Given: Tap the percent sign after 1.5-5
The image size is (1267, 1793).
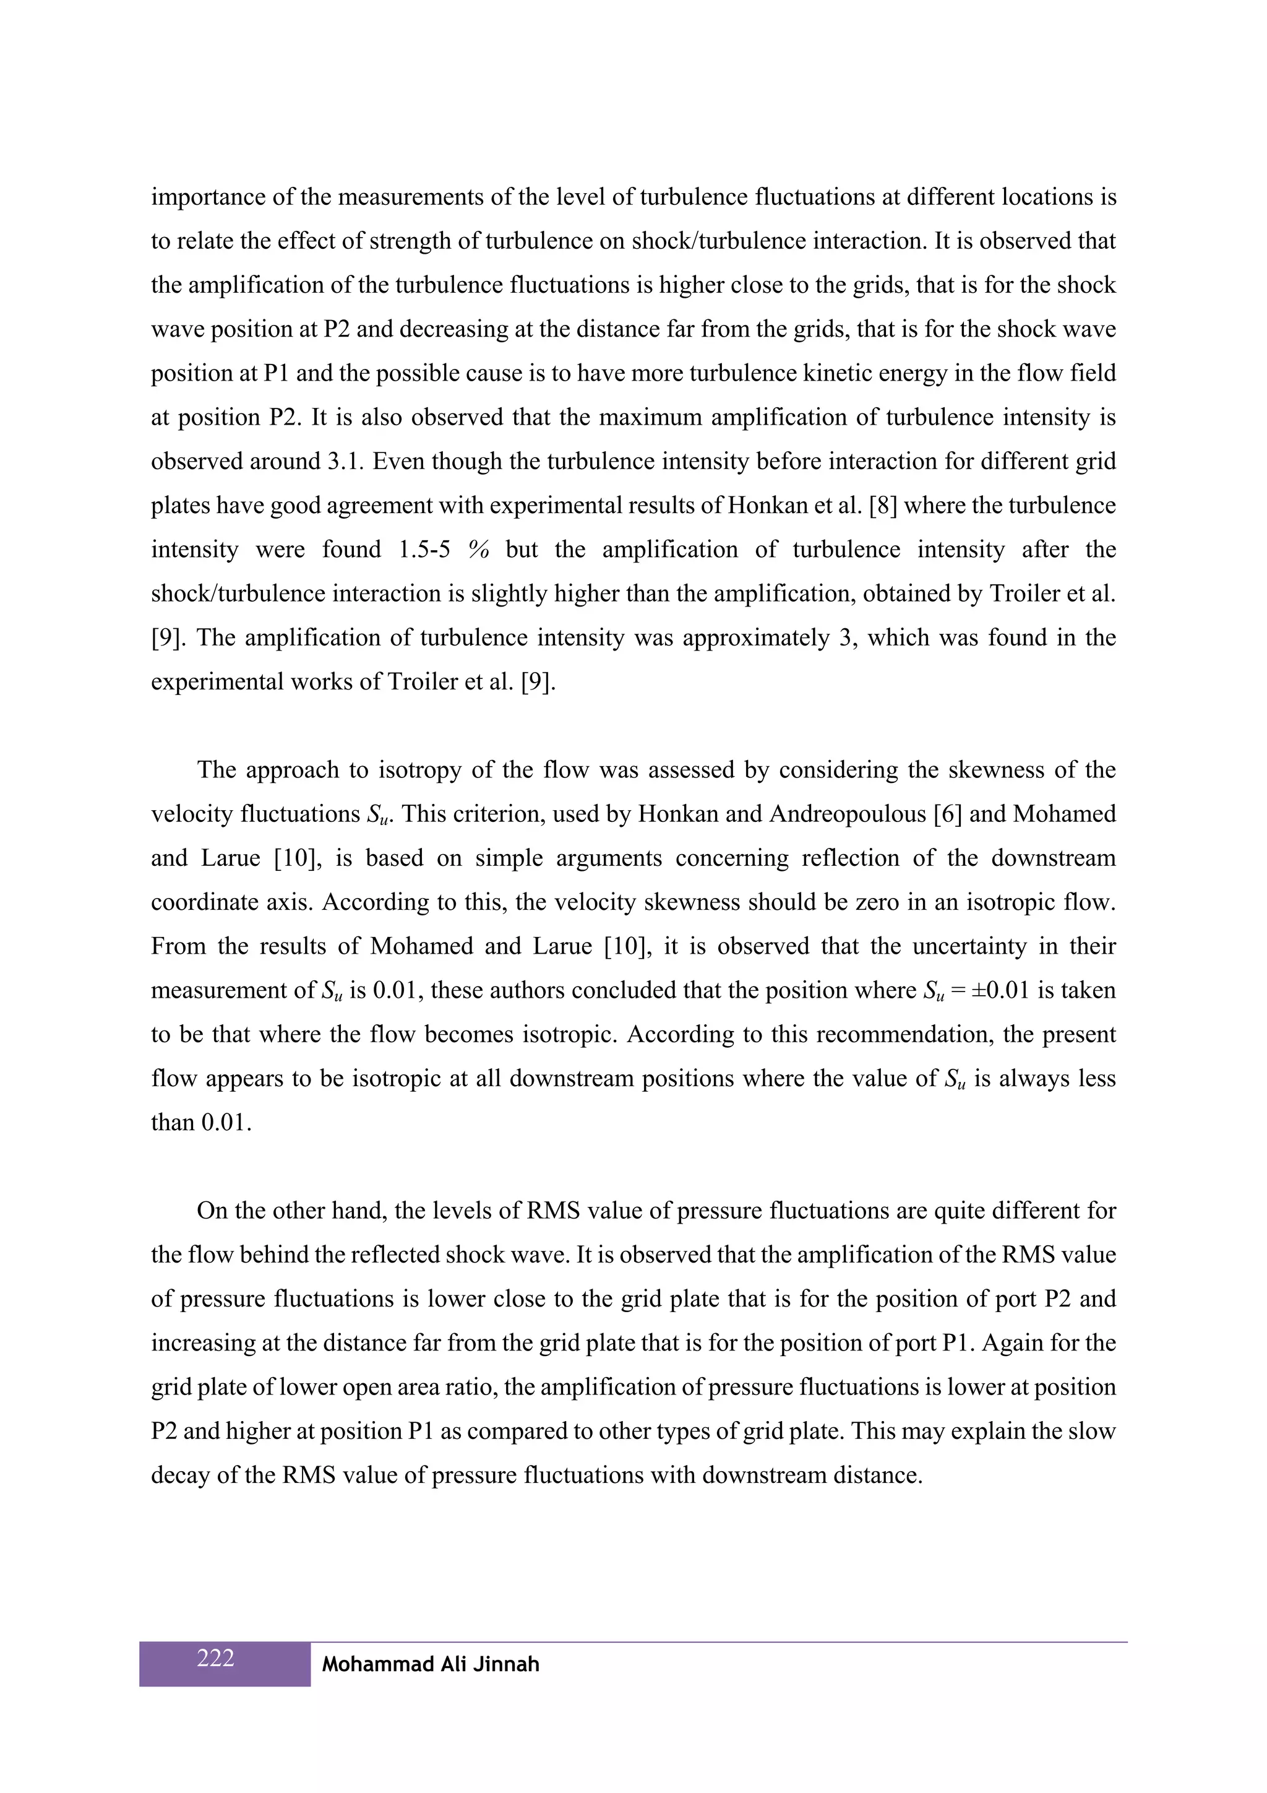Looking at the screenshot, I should (x=479, y=550).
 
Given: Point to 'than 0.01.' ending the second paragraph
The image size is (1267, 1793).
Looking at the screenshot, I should (x=202, y=1122).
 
